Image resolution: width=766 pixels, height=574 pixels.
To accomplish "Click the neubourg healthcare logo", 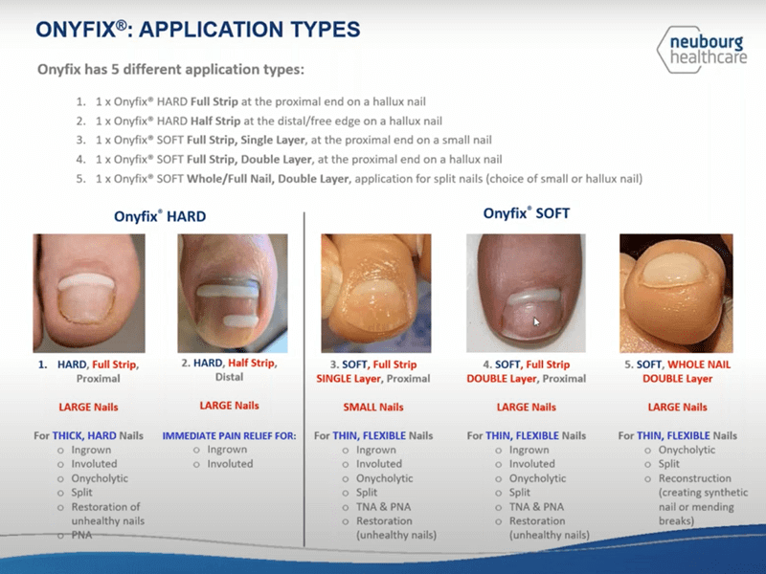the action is tap(702, 50).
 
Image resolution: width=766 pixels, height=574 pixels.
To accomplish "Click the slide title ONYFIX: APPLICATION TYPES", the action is tap(198, 30).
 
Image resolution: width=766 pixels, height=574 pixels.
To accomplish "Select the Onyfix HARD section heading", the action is tap(160, 216).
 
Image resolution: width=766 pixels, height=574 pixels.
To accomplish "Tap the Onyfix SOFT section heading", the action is tap(526, 213).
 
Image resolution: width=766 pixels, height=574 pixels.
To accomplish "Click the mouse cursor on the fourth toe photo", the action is tap(536, 321).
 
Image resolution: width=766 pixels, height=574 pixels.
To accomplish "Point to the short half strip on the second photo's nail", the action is tap(241, 320).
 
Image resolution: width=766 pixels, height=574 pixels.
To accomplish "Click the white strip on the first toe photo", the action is tap(86, 281).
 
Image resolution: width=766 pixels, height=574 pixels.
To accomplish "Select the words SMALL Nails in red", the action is tap(373, 408).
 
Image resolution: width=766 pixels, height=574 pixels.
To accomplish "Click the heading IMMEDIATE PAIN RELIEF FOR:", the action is tap(229, 435).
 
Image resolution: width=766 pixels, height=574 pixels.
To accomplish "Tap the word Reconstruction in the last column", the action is tap(695, 478).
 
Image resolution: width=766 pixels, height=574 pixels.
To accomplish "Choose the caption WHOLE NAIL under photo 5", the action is tap(699, 364).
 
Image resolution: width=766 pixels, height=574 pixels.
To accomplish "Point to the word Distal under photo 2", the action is tap(229, 377).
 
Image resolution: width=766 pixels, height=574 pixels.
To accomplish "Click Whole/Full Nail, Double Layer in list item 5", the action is tap(268, 179).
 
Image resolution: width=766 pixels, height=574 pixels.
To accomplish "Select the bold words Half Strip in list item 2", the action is tap(215, 121).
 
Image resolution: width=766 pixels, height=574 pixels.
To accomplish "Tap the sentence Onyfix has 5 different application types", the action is tap(171, 69).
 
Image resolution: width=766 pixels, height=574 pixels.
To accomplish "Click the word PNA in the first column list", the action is tap(81, 535).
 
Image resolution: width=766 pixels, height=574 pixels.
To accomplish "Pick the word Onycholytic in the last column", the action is tap(687, 450).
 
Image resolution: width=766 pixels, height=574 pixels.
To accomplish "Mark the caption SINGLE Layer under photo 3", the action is tap(349, 379).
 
